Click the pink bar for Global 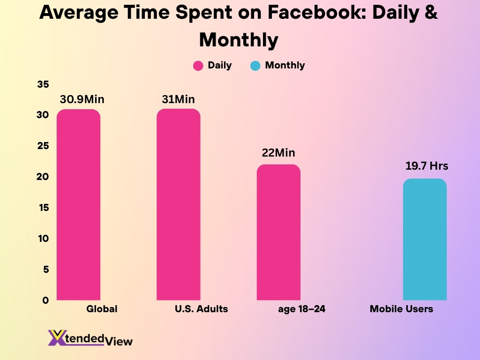click(x=78, y=204)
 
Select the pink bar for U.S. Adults click(x=178, y=204)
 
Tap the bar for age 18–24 click(x=278, y=232)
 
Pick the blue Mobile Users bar click(x=425, y=239)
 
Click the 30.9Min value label click(x=82, y=99)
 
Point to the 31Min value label click(x=178, y=99)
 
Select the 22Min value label click(x=278, y=153)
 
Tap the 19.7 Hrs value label click(x=427, y=166)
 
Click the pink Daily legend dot click(x=198, y=66)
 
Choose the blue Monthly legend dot click(x=255, y=66)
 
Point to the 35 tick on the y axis click(x=43, y=84)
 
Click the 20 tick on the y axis click(x=43, y=177)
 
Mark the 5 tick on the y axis click(x=46, y=269)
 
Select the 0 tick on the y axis click(x=46, y=300)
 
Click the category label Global click(x=102, y=309)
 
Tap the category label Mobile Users click(x=401, y=309)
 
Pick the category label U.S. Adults click(x=201, y=309)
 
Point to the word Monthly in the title click(x=239, y=40)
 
